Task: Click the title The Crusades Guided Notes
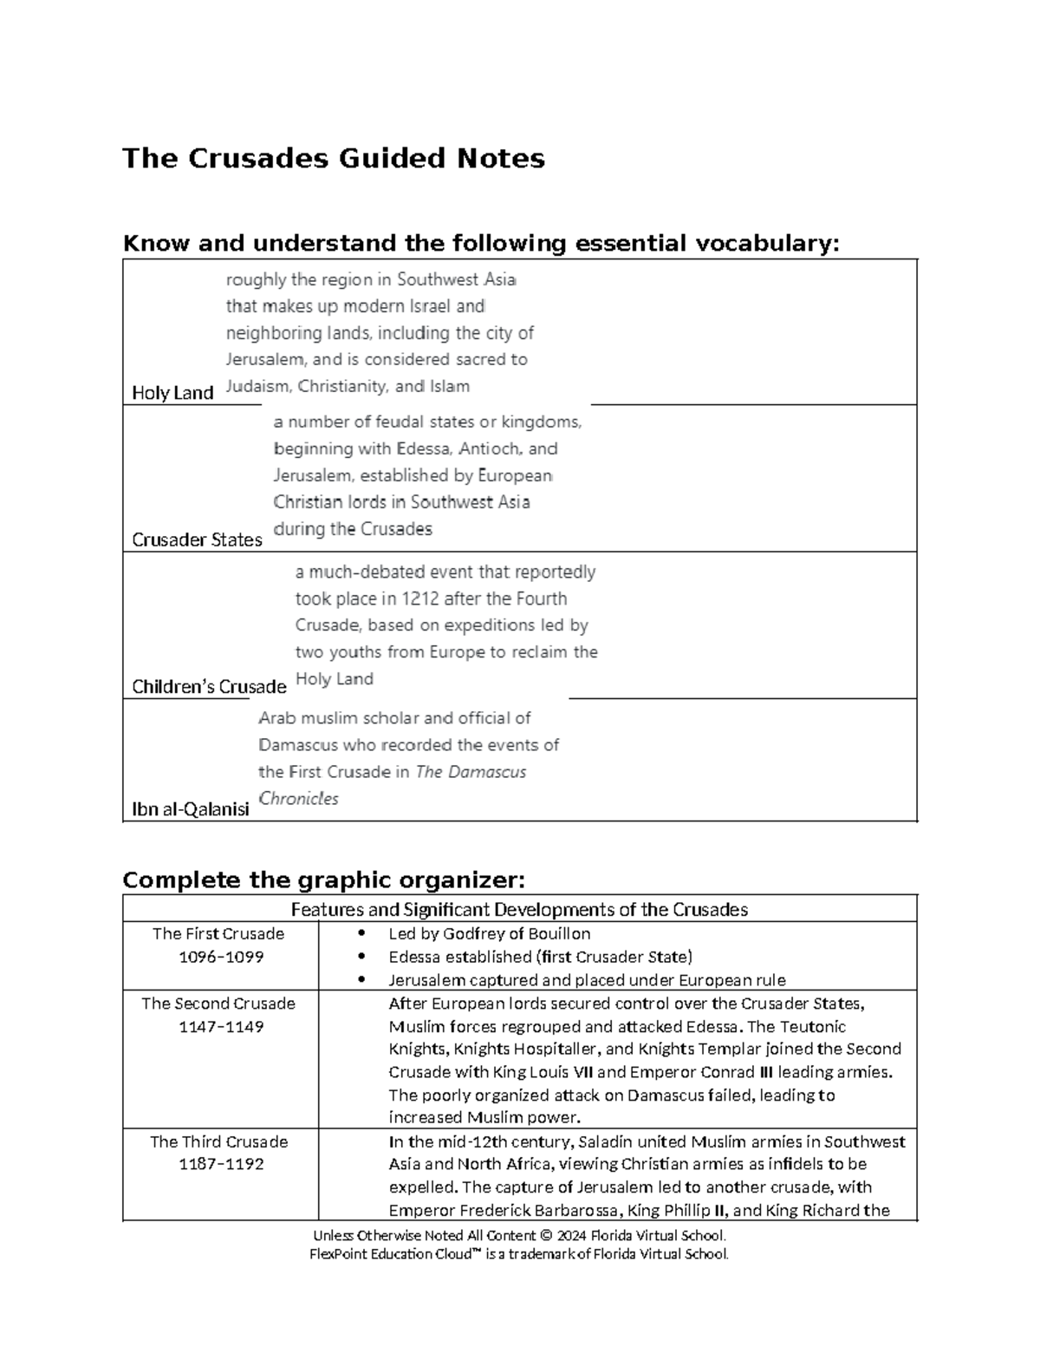334,159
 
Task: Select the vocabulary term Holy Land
172,393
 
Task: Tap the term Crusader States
197,539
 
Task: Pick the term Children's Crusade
209,687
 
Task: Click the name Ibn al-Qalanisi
190,809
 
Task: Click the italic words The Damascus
471,772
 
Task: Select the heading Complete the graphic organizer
324,880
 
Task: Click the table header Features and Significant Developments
519,910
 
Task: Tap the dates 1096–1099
220,957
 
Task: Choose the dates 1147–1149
220,1026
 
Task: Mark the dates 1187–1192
220,1164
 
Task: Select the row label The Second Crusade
218,1004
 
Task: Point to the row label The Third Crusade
218,1141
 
